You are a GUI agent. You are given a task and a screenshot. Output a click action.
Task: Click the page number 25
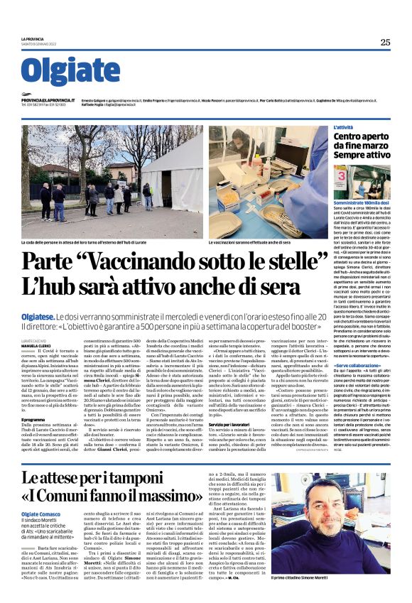pos(385,42)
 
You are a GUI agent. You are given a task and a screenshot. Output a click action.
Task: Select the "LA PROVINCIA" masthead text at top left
pos(33,38)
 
